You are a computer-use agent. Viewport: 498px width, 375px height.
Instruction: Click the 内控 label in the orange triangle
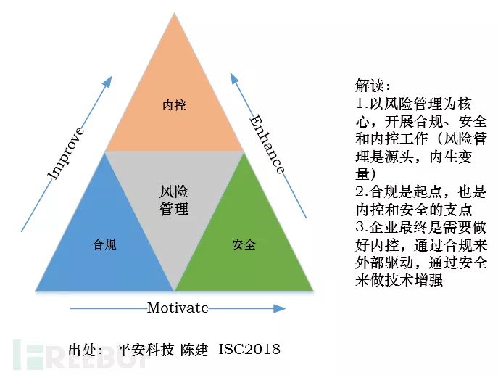pos(174,105)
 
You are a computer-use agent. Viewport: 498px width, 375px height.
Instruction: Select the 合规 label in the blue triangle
pos(104,244)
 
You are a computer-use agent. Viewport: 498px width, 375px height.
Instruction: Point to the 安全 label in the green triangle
pos(244,244)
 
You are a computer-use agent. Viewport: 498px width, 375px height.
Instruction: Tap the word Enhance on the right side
pos(267,144)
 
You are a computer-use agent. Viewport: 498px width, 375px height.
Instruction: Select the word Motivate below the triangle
pos(178,308)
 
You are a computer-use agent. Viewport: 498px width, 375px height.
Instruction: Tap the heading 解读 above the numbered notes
pos(373,86)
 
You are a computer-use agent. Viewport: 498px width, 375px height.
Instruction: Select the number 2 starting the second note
pos(360,192)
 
